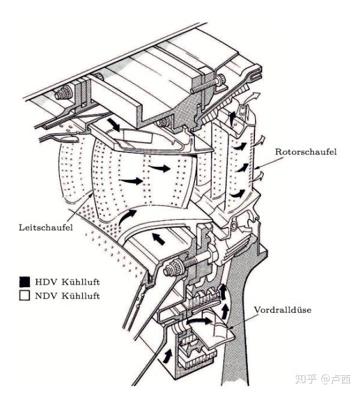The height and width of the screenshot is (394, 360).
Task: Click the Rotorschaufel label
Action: pos(306,152)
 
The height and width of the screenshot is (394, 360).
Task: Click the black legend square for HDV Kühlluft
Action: pos(25,281)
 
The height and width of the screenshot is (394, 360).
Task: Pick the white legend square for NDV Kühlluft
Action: pos(25,295)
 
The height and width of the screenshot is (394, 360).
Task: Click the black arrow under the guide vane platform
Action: pos(158,238)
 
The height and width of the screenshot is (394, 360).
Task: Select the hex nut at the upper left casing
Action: pos(61,95)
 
